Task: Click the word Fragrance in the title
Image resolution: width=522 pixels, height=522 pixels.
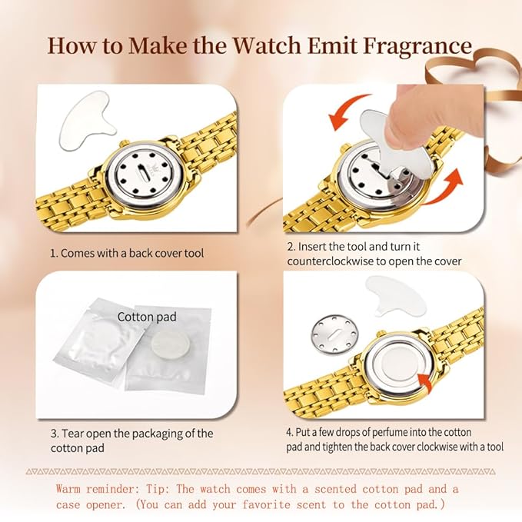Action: [417, 46]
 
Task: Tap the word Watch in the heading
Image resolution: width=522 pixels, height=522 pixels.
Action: [267, 45]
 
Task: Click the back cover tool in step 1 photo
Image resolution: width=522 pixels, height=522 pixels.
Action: [87, 119]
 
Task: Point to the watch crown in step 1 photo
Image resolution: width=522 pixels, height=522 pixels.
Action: [124, 144]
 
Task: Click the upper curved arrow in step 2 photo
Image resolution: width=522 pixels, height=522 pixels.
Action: [347, 111]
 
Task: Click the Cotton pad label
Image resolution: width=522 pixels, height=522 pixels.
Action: [147, 317]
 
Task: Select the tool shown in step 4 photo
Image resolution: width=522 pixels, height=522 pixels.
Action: [394, 295]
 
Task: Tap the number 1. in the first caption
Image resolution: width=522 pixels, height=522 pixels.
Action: [54, 254]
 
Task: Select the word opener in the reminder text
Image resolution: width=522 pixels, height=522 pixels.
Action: [106, 505]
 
